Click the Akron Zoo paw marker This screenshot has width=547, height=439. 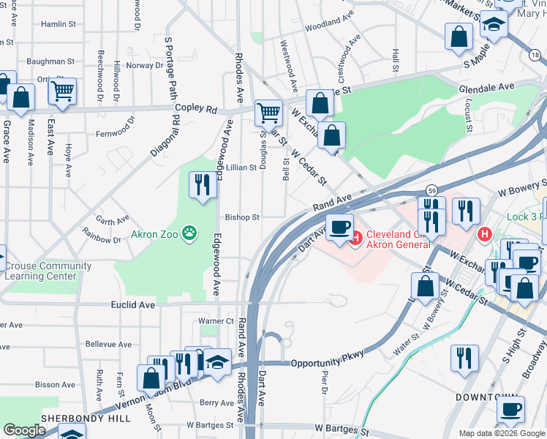coord(189,234)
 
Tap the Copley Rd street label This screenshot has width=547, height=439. coord(202,110)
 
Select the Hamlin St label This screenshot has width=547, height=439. coord(59,24)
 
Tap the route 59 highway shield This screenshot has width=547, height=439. coord(433,189)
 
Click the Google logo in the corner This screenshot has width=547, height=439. coord(24,430)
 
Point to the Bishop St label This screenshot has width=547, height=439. coord(242,217)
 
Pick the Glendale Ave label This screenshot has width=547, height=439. coord(486,87)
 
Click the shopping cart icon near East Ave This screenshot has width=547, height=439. coord(62,91)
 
